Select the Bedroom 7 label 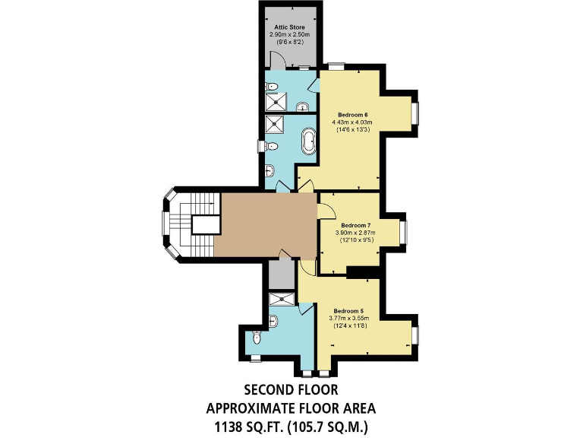point(355,225)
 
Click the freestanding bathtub point(310,142)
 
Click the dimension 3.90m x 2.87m point(355,233)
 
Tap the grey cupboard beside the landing point(280,271)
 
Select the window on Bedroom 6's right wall point(414,113)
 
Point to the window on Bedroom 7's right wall point(405,230)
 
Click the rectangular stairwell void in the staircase point(201,224)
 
